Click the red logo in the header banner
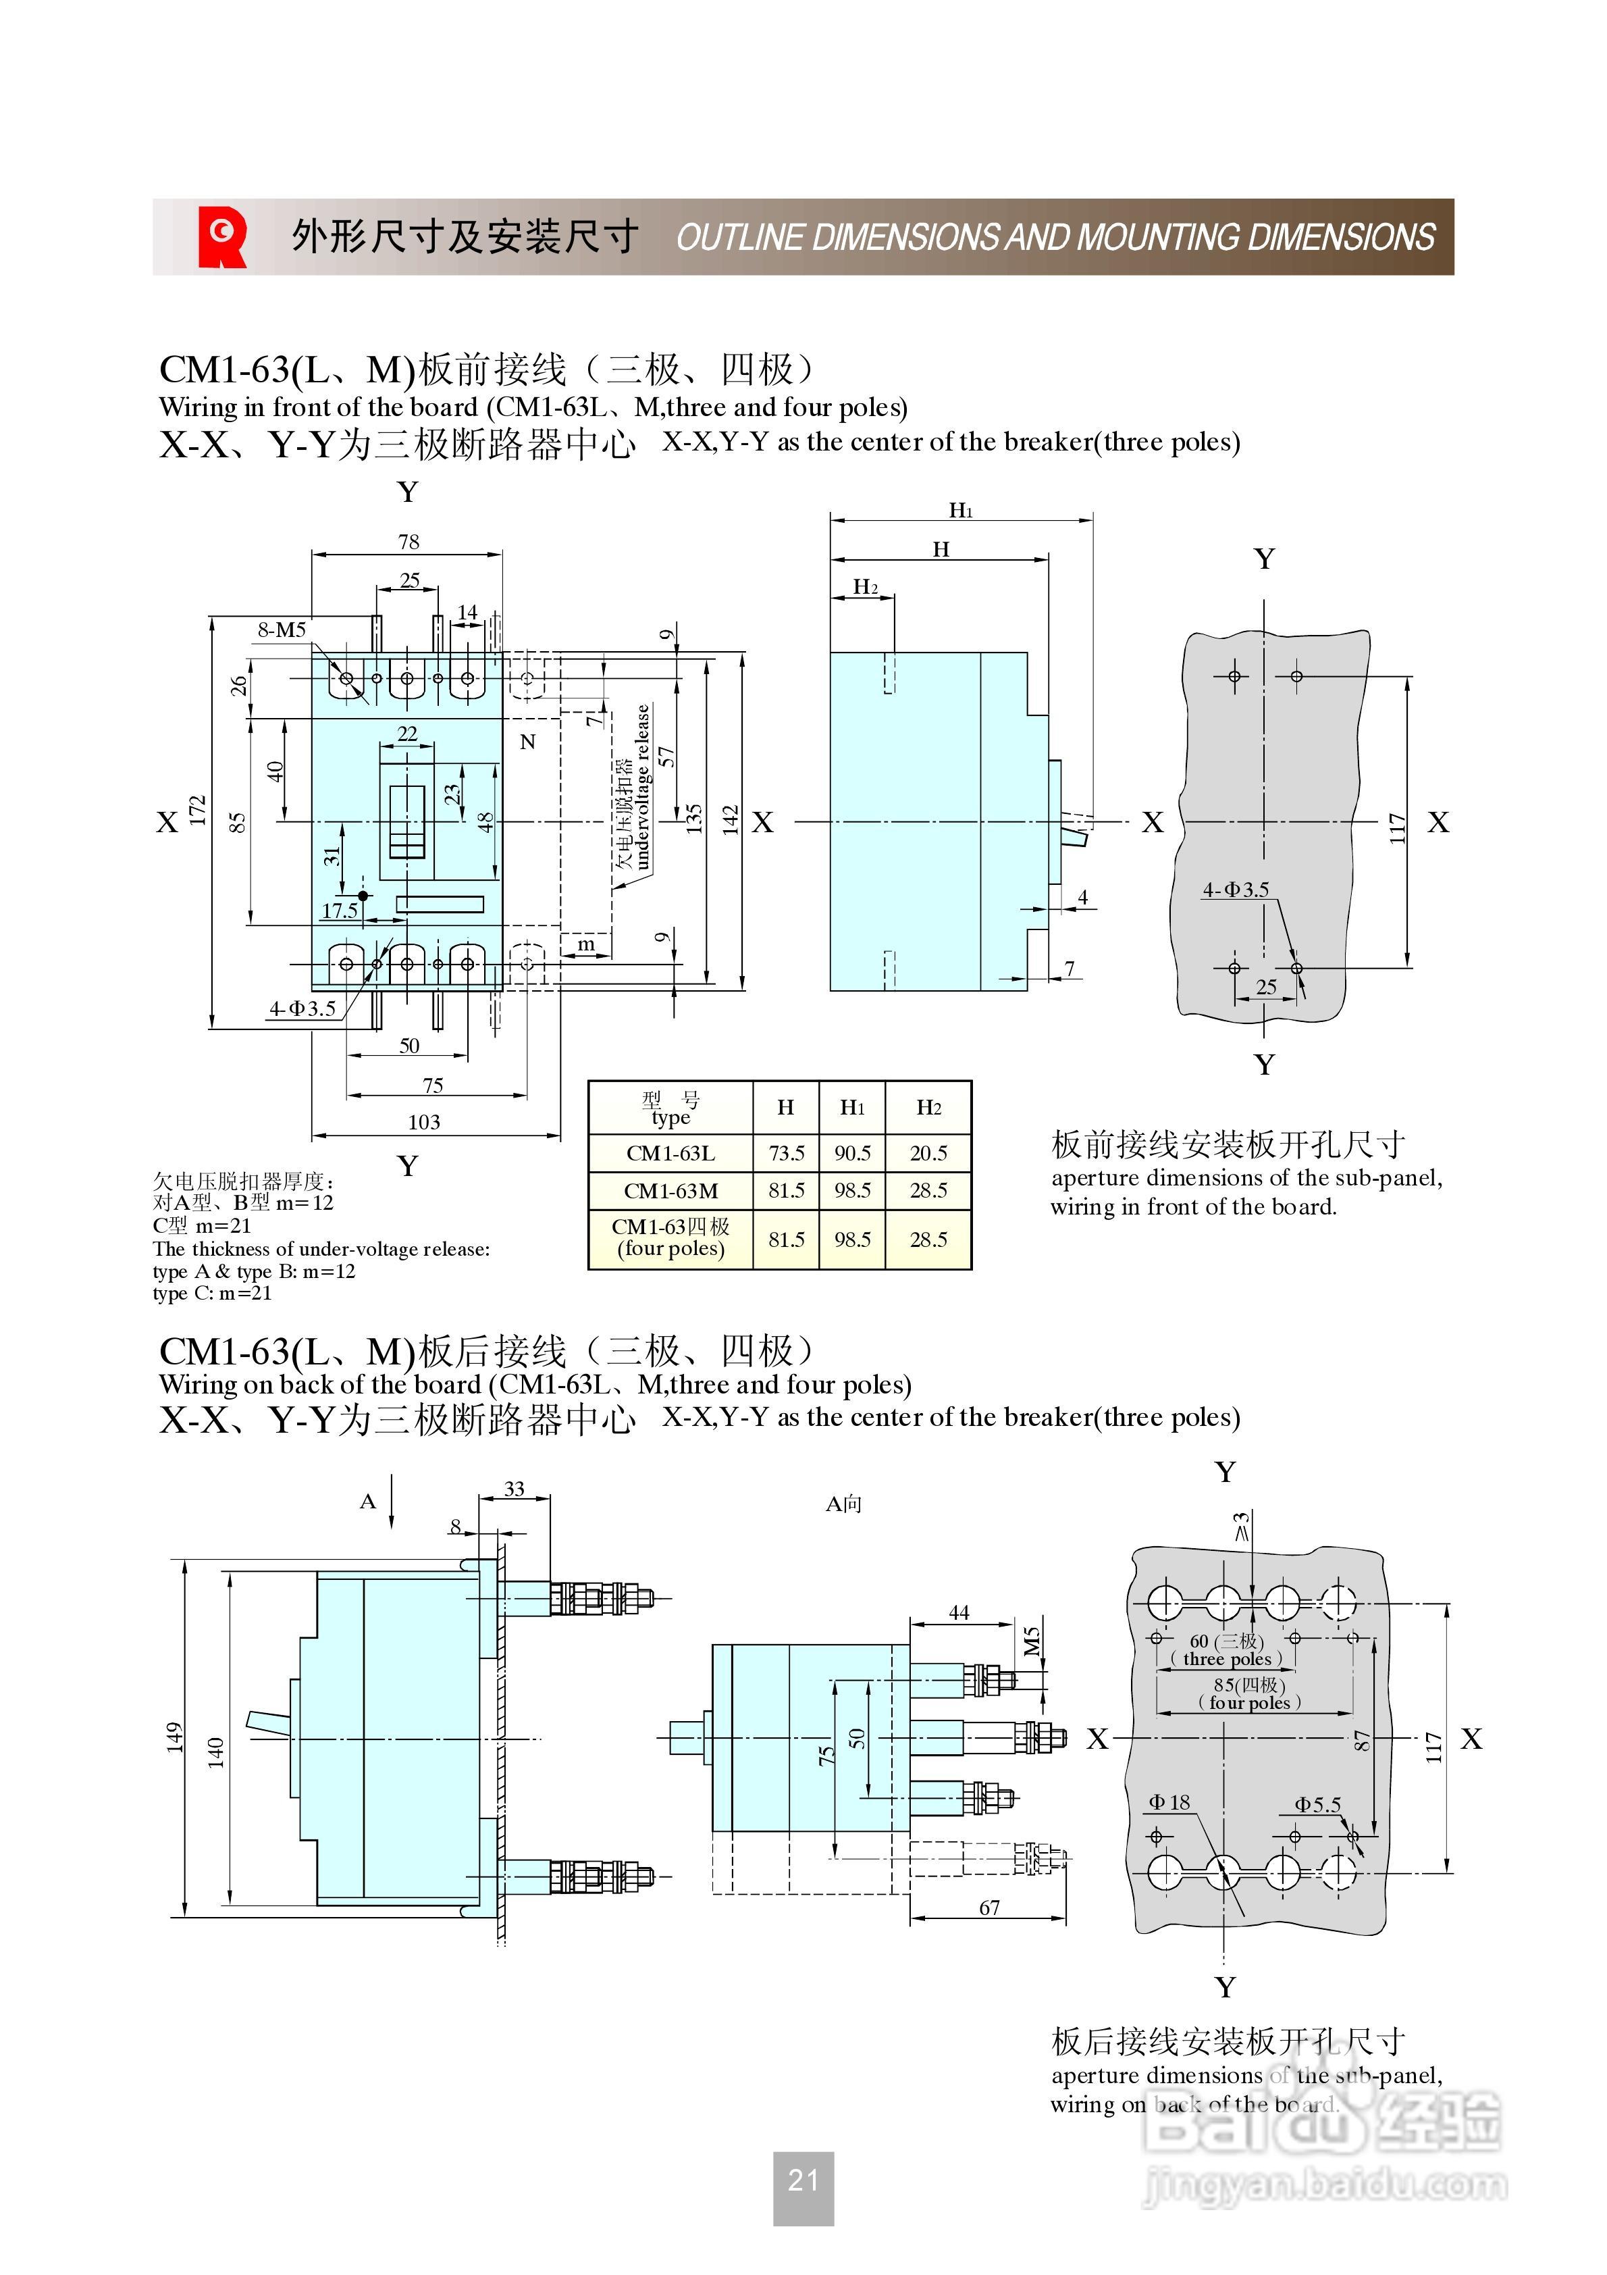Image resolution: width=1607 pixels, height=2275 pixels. tap(222, 237)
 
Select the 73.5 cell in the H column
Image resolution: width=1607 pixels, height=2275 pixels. tap(786, 1153)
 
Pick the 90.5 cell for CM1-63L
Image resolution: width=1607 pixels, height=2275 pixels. tap(852, 1153)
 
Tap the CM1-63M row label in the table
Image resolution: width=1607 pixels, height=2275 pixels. tap(670, 1191)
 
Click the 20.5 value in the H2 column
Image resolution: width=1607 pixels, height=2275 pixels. tap(928, 1153)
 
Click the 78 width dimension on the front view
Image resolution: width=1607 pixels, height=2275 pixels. tap(409, 542)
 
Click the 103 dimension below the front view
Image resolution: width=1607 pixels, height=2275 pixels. tap(424, 1122)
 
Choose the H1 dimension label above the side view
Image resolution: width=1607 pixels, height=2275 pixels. tap(960, 510)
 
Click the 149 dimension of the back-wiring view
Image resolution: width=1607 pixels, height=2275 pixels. tap(174, 1736)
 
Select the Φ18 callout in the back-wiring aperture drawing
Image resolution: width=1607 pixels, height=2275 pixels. tap(1169, 1802)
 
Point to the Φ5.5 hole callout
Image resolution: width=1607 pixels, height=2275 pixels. tap(1318, 1804)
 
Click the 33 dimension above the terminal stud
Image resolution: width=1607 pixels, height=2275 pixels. tap(515, 1488)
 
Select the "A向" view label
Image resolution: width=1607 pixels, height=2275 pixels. tap(843, 1504)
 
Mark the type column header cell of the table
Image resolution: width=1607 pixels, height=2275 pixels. tap(670, 1108)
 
